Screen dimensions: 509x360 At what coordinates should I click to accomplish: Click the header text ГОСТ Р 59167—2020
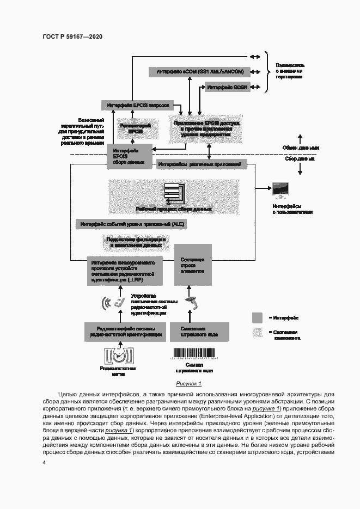pos(72,36)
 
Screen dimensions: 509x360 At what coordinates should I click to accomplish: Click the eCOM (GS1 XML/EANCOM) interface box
pos(199,72)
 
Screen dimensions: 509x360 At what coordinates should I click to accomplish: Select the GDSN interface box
pos(227,87)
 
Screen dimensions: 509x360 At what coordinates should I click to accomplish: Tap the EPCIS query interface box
pos(137,104)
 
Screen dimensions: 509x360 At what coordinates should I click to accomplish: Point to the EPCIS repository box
pos(131,128)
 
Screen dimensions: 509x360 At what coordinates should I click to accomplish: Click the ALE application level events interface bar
pos(132,224)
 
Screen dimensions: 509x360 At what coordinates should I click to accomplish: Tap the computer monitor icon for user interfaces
pos(280,189)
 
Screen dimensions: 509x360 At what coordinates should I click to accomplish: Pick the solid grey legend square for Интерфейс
pos(258,318)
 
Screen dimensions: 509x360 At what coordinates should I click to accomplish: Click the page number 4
pos(44,463)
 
